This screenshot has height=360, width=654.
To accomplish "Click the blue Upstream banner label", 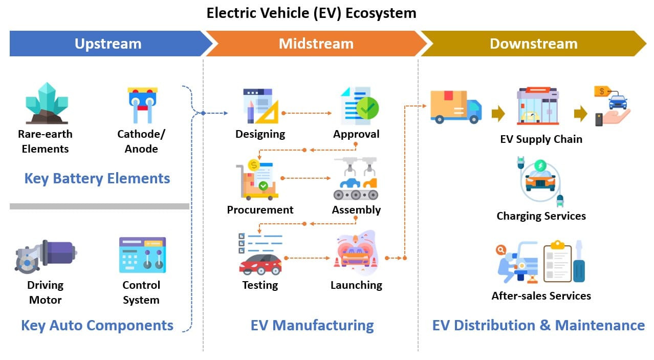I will pos(108,44).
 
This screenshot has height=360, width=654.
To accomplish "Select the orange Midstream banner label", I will pos(316,44).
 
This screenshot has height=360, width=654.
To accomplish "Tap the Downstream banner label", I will pos(533,44).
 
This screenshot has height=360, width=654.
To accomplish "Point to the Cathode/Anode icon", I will pos(142,104).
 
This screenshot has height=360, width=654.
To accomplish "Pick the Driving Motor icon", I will pos(46,256).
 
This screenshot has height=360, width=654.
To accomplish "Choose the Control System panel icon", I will pos(142,255).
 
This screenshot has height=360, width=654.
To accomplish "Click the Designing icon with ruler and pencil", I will pos(260,106).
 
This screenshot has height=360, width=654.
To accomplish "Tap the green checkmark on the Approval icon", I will pos(367,108).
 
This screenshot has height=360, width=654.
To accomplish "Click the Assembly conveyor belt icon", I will pos(356,180).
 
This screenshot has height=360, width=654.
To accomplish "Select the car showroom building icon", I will pos(537,106).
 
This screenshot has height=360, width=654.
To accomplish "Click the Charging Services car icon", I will pos(541,181).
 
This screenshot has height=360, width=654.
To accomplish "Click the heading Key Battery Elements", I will pos(97,178).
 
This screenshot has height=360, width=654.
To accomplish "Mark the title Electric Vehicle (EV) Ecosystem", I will pos(311,13).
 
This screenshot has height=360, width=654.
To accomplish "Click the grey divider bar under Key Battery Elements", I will pos(99,206).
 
